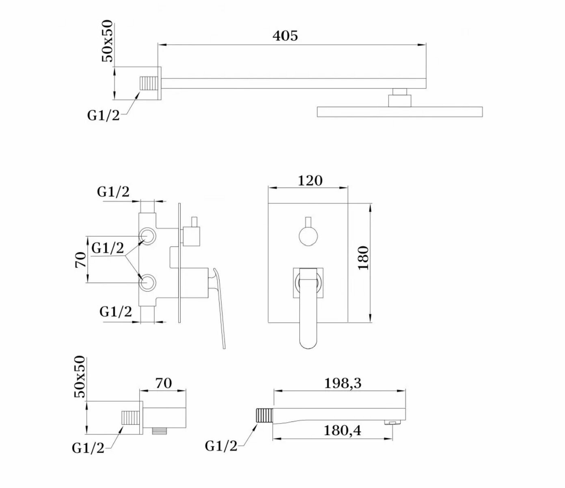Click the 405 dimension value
[x=285, y=36]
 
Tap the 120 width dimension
[x=310, y=180]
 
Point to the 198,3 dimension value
[x=343, y=383]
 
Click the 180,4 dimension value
[x=342, y=430]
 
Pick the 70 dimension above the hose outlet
[x=164, y=383]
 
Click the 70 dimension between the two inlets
[x=81, y=259]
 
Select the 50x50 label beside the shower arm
[x=108, y=41]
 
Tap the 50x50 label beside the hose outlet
[x=80, y=376]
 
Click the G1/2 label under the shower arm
[x=104, y=115]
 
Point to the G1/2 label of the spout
[x=221, y=446]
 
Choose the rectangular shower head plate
[x=399, y=112]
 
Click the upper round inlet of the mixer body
[x=147, y=236]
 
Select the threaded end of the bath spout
[x=264, y=416]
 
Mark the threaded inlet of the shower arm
[x=149, y=83]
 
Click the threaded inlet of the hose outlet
[x=131, y=418]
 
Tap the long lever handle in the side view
[x=219, y=309]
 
